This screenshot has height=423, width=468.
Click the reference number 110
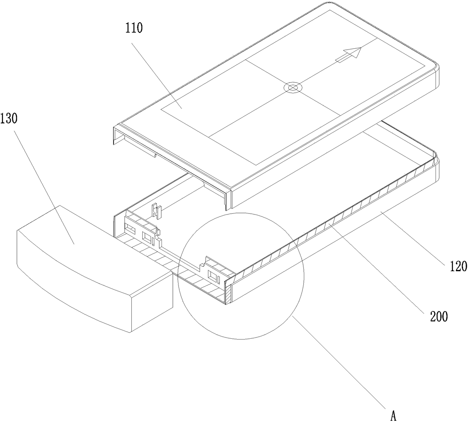(x=134, y=28)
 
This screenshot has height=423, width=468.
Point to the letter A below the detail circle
(x=393, y=415)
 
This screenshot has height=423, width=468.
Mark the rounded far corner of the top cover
(x=436, y=68)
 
